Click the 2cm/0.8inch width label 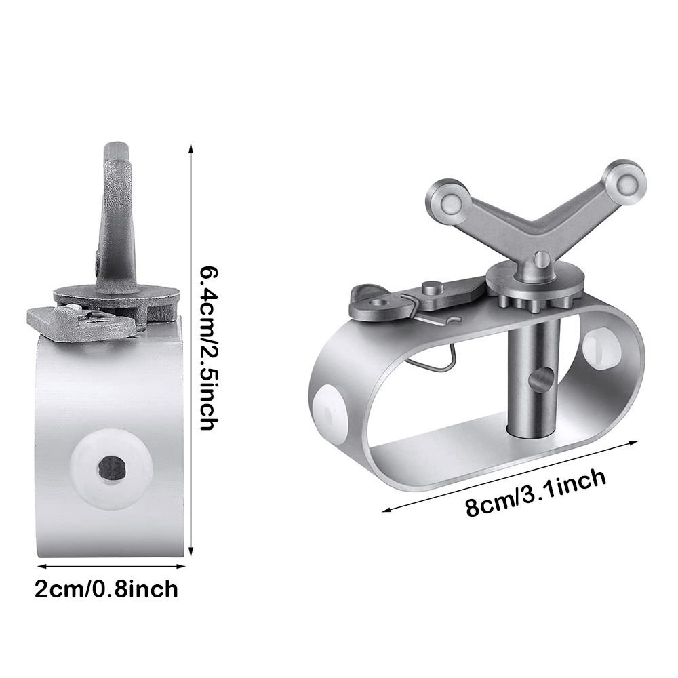coord(106,589)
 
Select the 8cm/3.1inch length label coord(536,492)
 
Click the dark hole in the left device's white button coord(112,466)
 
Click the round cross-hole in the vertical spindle coord(539,381)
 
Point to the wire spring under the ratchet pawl coord(433,342)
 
